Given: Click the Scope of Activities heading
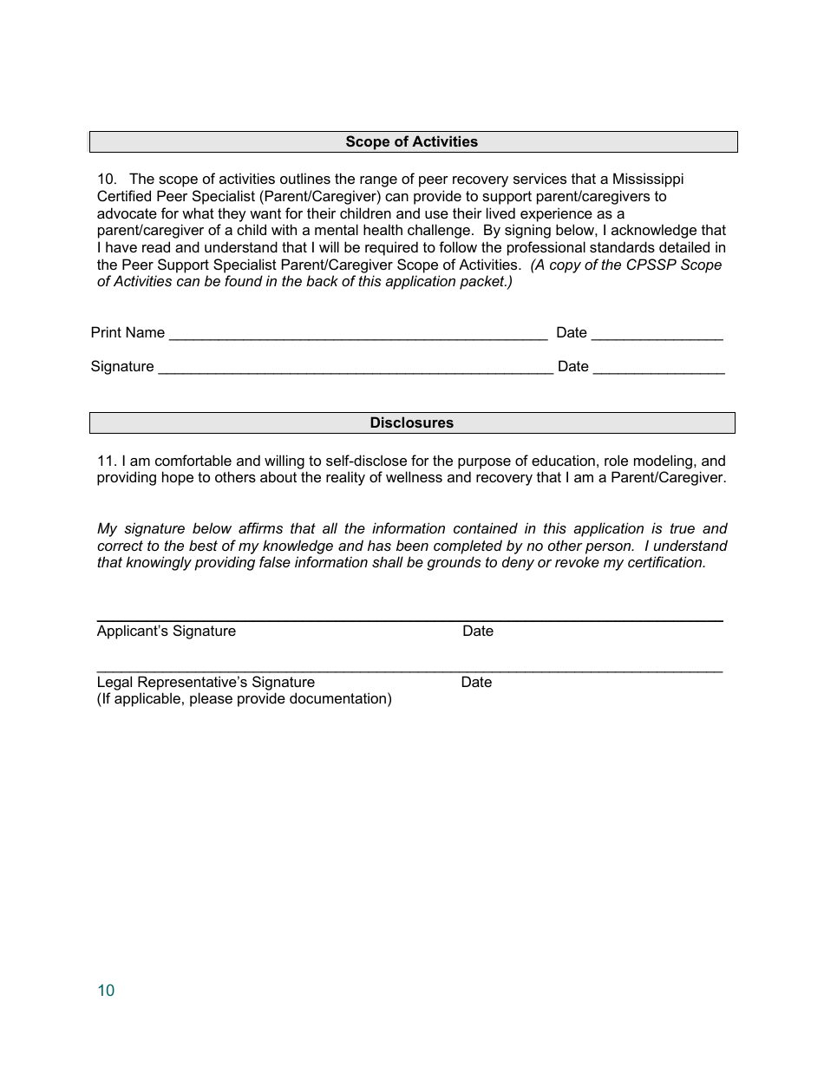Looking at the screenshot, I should [x=411, y=141].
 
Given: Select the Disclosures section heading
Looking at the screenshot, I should [x=411, y=422].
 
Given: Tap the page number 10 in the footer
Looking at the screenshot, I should [x=106, y=991].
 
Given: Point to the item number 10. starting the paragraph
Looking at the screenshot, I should [x=108, y=179].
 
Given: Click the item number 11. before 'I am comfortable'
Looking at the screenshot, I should [x=106, y=461].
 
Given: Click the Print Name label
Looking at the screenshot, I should [x=128, y=332].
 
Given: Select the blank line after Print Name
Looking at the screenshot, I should [x=358, y=334].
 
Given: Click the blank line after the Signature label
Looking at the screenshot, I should [x=356, y=368].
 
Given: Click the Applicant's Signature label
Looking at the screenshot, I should [x=167, y=631].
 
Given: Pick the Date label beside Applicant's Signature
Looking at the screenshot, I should [x=478, y=631].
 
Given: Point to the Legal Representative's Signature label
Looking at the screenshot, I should [x=206, y=682].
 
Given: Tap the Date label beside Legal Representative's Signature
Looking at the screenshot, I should [x=476, y=682].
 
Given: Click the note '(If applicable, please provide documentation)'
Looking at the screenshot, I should [x=244, y=698].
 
